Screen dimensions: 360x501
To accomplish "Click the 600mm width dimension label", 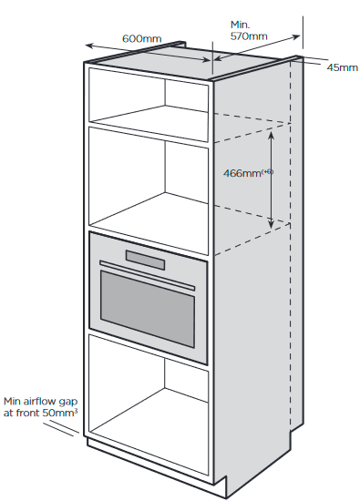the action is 140,39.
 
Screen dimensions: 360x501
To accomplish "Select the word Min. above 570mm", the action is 240,25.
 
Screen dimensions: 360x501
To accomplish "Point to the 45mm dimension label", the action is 342,68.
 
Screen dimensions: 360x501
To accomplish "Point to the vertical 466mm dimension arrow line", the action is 272,178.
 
